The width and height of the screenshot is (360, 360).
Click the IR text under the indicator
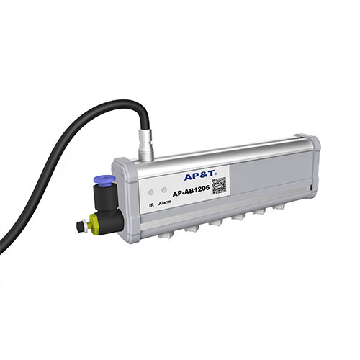click(150, 205)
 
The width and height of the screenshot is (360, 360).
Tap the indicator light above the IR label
click(150, 194)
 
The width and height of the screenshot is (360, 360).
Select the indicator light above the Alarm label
click(165, 193)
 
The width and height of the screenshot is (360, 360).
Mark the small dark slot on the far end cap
click(310, 189)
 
